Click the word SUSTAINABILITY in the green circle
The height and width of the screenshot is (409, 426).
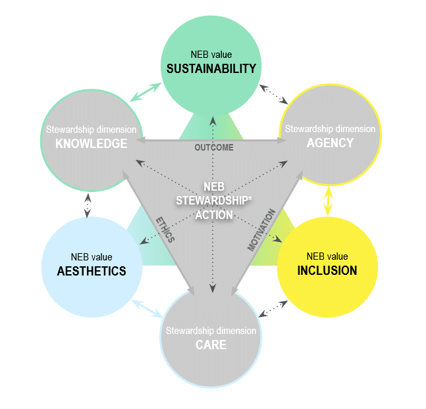(x=211, y=68)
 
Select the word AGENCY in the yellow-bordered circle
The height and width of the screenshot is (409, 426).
(x=330, y=143)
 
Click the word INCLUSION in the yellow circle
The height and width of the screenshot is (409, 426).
(x=327, y=270)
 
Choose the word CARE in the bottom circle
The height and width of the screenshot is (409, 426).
(x=211, y=344)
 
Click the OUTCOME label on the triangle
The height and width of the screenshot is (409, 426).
(x=213, y=147)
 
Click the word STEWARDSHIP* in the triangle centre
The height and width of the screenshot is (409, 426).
(x=213, y=201)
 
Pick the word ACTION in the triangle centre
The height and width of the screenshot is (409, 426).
(x=213, y=214)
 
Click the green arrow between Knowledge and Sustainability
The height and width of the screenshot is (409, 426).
(x=144, y=91)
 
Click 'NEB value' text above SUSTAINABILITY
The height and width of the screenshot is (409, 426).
(x=211, y=55)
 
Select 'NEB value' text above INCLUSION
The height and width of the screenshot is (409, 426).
(x=327, y=256)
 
